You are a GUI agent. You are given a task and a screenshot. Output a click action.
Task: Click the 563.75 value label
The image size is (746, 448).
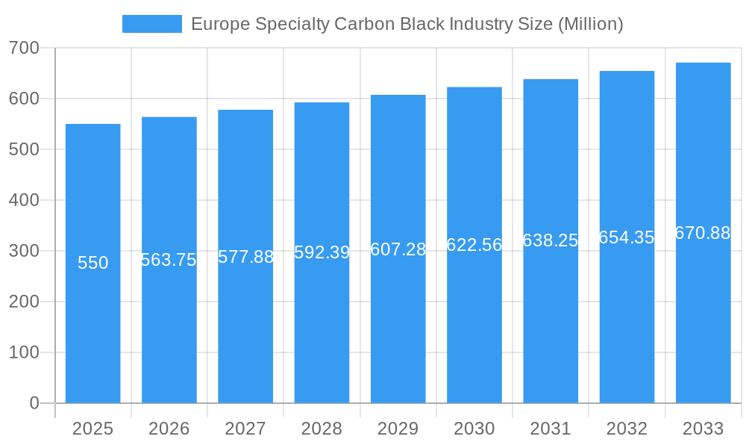(169, 260)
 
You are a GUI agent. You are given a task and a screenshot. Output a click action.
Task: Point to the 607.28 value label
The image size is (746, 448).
(398, 249)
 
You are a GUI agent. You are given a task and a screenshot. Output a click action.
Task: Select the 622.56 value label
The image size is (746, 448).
(474, 245)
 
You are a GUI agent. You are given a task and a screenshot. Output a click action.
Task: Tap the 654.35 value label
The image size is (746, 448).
(627, 237)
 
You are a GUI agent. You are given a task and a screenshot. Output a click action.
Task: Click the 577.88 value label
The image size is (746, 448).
(245, 257)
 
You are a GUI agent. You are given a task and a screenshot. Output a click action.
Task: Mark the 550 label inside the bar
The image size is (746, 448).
(93, 263)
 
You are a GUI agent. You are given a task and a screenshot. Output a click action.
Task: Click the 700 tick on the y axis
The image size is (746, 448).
(24, 48)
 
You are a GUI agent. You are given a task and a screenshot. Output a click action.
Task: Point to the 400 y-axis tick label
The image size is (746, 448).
(24, 200)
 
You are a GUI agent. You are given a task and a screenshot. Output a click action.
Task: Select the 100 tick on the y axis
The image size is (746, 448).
(24, 352)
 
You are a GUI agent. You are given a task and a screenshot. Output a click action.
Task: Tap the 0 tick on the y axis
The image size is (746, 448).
(34, 403)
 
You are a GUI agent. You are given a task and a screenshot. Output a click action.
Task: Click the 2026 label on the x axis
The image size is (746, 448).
(169, 429)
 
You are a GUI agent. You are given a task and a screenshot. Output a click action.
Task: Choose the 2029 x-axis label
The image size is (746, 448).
(398, 429)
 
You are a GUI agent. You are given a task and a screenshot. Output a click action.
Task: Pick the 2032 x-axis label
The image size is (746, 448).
(627, 429)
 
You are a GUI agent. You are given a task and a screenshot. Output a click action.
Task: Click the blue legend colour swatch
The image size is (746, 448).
(152, 24)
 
